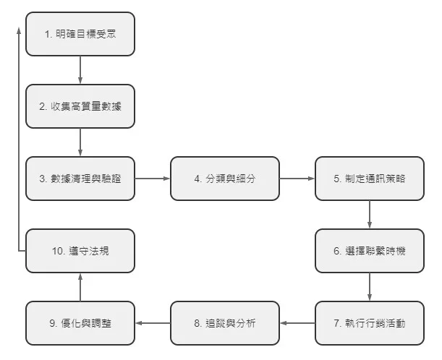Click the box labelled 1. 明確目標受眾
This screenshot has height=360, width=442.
tap(80, 34)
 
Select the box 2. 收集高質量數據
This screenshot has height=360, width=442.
tap(80, 106)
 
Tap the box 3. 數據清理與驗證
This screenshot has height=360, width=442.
tap(80, 178)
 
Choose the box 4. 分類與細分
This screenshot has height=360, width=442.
tap(225, 178)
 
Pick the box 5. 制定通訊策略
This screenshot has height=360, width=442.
tap(370, 178)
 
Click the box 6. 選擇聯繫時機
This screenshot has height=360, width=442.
tap(370, 251)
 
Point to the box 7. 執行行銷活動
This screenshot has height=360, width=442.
tap(370, 322)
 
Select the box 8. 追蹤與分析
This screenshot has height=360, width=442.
tap(225, 322)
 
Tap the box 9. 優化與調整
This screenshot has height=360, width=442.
tap(80, 322)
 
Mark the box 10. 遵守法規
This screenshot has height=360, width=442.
tap(80, 251)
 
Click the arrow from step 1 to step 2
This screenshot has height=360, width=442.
tap(80, 70)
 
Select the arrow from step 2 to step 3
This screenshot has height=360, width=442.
tap(80, 142)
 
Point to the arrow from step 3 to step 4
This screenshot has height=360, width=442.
tap(153, 178)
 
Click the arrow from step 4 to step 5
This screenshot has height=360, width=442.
tap(297, 178)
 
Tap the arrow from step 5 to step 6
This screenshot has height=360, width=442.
tap(370, 215)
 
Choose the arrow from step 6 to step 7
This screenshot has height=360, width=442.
tap(370, 287)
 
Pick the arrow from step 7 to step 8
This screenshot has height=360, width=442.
tap(297, 322)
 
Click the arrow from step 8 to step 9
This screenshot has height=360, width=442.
tap(153, 322)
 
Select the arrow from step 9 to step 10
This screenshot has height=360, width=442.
tap(80, 287)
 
